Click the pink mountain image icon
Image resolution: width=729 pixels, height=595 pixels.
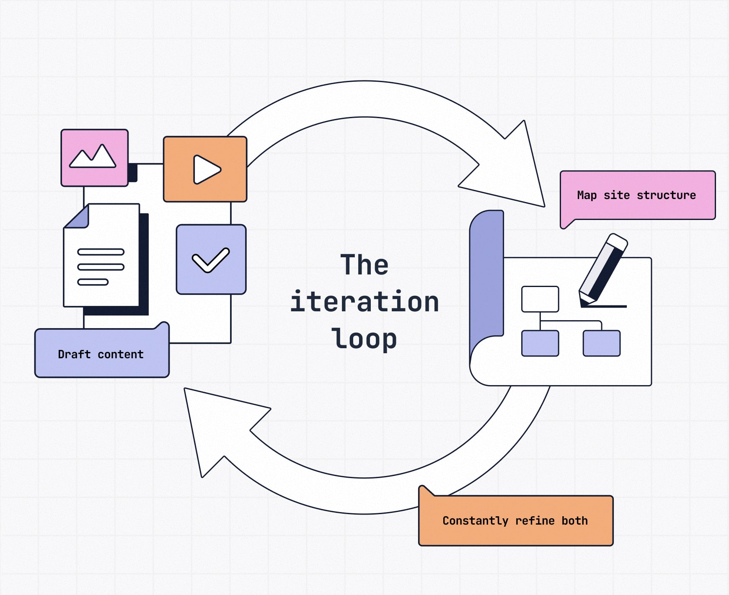(x=94, y=158)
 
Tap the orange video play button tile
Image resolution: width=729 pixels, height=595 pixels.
(x=205, y=169)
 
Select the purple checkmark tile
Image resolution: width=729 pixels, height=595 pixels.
(x=211, y=259)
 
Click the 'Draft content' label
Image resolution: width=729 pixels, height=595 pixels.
(x=101, y=354)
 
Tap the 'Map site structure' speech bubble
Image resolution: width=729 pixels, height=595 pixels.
(x=637, y=195)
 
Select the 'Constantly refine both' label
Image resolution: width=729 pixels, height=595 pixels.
(x=515, y=521)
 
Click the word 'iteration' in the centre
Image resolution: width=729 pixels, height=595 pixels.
(x=364, y=302)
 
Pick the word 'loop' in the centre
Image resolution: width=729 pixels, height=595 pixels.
(x=364, y=339)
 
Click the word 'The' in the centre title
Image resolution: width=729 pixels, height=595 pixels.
(x=364, y=265)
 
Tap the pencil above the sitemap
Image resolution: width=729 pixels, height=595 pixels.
(x=604, y=268)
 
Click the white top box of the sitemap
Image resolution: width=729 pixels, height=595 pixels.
(x=540, y=299)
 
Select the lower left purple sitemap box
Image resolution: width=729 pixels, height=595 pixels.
(x=540, y=343)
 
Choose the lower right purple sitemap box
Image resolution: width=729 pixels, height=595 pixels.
(x=601, y=343)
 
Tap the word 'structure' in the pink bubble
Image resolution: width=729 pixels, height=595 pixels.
(x=666, y=195)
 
